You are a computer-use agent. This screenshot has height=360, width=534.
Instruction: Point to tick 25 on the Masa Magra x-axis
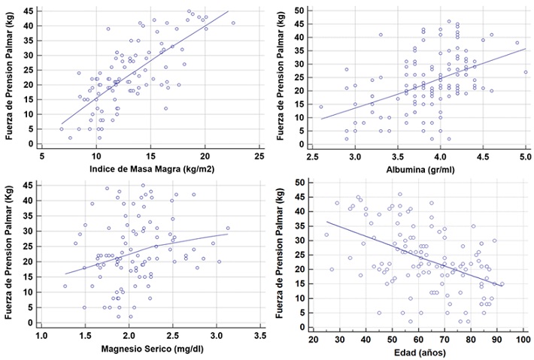259,156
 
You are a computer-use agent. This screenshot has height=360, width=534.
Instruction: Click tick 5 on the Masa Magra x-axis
42,156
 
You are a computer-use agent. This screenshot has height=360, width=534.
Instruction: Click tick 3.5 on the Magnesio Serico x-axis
259,334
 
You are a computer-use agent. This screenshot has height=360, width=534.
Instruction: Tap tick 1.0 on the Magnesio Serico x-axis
42,334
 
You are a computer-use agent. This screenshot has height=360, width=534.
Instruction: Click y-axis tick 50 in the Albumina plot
299,11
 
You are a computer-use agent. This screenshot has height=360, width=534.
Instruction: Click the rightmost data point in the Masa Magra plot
233,23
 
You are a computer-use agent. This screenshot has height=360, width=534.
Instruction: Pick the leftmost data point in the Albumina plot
320,107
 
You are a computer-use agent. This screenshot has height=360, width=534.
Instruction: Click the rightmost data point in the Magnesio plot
228,228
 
